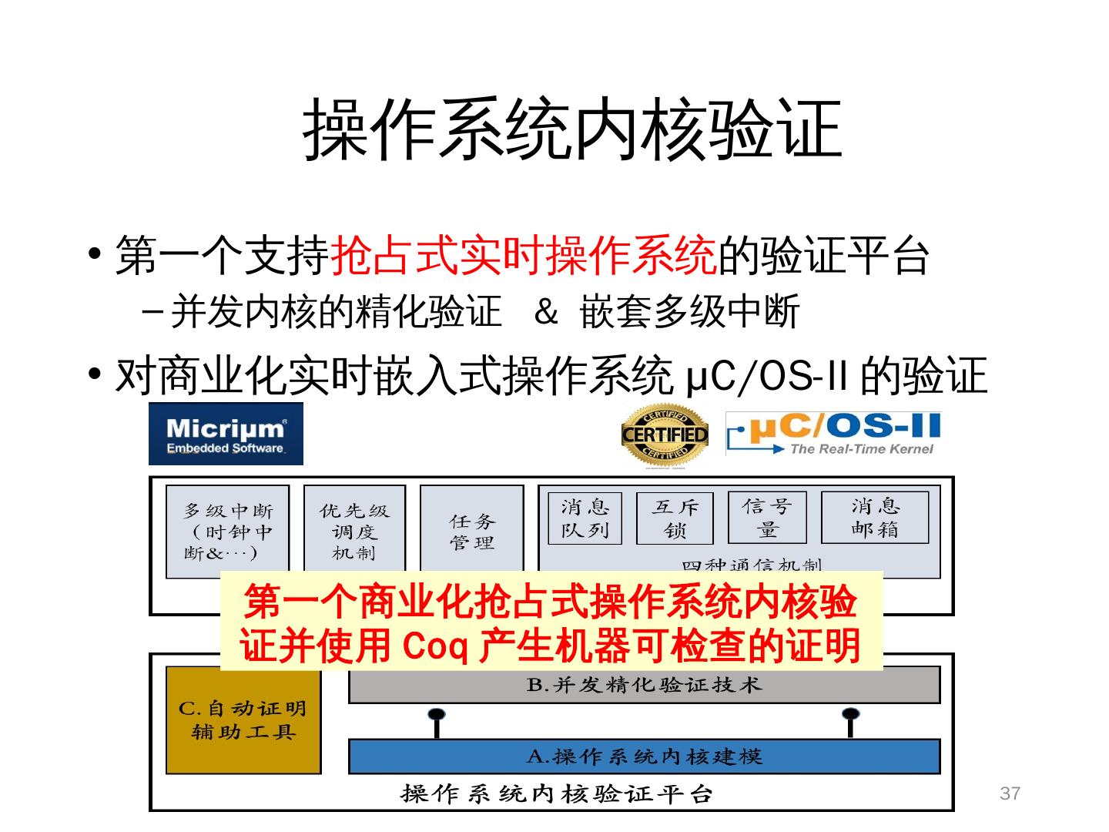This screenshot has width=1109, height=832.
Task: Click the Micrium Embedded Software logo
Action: coord(226,434)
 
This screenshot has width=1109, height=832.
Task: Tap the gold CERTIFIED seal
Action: coord(665,435)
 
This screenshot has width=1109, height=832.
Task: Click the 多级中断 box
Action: coord(228,531)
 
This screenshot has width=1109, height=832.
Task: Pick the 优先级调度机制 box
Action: coord(354,531)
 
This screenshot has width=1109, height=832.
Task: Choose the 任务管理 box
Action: coord(471,531)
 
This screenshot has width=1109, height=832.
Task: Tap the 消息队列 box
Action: coord(585,518)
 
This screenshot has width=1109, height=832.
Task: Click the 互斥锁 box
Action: coord(675,518)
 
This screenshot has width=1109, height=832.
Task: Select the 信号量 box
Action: coord(767,518)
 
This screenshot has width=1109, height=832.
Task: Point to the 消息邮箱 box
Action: coord(875,518)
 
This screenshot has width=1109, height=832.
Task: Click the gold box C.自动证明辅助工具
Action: coord(243,720)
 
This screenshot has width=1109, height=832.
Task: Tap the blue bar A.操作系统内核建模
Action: coord(644,757)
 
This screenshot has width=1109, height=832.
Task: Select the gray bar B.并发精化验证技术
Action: coord(644,685)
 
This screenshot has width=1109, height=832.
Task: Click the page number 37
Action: coord(1010,793)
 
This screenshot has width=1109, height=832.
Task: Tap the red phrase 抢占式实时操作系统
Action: coord(524,257)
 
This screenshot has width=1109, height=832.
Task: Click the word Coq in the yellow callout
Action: coord(436,646)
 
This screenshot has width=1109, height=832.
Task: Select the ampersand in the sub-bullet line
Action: coord(545,312)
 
